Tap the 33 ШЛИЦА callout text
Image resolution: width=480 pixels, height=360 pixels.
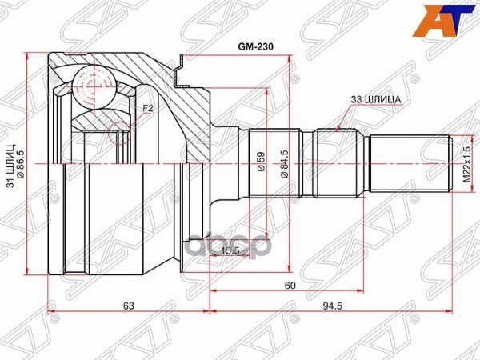point(375,99)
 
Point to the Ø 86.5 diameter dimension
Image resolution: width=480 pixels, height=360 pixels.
point(22,164)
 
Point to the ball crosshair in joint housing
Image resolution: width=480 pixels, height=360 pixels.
point(94,83)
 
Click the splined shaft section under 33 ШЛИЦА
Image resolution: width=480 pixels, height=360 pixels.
point(339,164)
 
